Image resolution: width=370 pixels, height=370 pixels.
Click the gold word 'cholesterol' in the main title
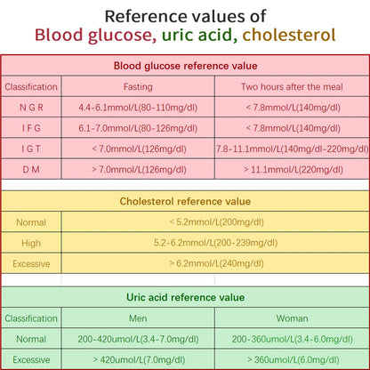click(289, 36)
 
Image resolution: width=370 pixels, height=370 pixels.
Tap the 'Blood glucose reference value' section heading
click(185, 66)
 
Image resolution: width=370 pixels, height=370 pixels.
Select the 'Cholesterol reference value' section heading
click(185, 202)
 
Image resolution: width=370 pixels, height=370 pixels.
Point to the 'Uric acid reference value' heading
click(185, 297)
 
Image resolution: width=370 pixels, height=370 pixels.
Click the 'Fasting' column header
click(138, 87)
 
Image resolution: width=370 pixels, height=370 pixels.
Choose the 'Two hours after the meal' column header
click(292, 87)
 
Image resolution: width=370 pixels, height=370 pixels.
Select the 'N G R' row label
click(31, 108)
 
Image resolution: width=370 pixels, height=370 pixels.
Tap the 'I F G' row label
click(31, 128)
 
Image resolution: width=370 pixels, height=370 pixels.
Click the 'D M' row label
click(31, 168)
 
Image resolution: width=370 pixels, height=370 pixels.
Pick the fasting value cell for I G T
click(138, 149)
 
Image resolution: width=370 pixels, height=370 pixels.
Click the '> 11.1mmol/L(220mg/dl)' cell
click(292, 168)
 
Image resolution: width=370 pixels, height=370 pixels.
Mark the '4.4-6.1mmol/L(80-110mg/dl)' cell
click(138, 108)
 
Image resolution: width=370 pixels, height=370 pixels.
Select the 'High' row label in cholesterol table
click(31, 242)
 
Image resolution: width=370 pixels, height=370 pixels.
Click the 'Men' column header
click(138, 318)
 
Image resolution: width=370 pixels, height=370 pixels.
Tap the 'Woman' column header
click(292, 318)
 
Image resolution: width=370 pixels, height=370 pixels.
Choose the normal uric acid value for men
click(138, 339)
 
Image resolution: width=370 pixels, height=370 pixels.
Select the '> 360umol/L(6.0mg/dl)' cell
click(292, 359)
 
